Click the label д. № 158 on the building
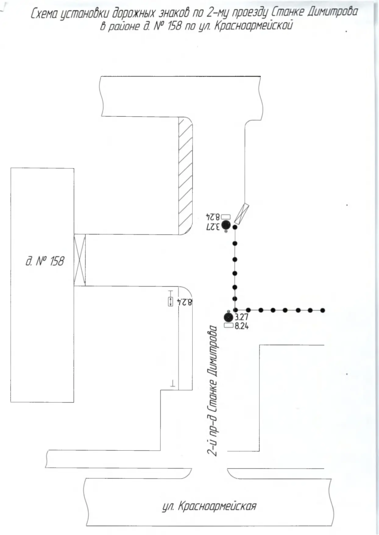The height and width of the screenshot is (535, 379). [x=45, y=261]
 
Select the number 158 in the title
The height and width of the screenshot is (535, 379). [x=174, y=25]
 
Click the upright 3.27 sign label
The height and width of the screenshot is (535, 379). [x=242, y=317]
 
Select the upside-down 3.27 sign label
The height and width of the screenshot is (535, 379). [x=213, y=226]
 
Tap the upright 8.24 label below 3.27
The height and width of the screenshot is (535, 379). [x=242, y=326]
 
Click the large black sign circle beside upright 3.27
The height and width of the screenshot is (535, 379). [x=229, y=317]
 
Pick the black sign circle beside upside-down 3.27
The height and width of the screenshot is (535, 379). [x=226, y=225]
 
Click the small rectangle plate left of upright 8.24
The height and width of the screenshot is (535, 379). [x=229, y=325]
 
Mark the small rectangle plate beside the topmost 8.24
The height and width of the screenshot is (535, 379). [x=226, y=217]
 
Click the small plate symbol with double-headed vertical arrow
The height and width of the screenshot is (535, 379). [x=170, y=301]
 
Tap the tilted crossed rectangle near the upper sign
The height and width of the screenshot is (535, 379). [x=241, y=214]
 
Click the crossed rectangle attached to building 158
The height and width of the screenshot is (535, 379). [x=79, y=260]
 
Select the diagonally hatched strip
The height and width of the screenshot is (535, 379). [x=185, y=176]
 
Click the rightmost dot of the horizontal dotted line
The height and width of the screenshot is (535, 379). [x=323, y=310]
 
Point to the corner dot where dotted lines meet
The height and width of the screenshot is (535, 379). [x=235, y=310]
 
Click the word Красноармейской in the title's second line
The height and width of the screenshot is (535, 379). [x=253, y=25]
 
